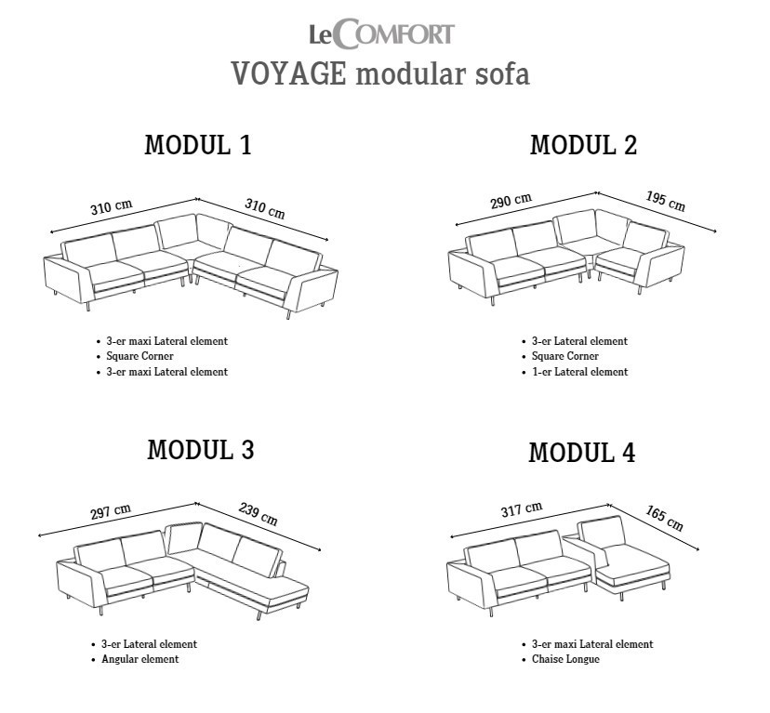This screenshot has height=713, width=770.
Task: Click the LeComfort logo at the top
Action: pyautogui.click(x=381, y=33)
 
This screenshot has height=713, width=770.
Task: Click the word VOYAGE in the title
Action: pyautogui.click(x=288, y=73)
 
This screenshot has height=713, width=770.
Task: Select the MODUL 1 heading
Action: pyautogui.click(x=198, y=145)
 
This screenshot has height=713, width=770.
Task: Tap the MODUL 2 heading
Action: pyautogui.click(x=583, y=145)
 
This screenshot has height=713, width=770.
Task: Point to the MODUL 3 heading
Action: pyautogui.click(x=201, y=450)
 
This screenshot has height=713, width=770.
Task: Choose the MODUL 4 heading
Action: pyautogui.click(x=582, y=453)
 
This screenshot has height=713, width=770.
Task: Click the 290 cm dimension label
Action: pyautogui.click(x=511, y=201)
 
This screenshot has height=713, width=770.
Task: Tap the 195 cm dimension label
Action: pyautogui.click(x=666, y=201)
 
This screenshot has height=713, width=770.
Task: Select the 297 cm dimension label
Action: pyautogui.click(x=111, y=511)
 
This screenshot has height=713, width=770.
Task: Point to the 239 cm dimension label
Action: pyautogui.click(x=259, y=514)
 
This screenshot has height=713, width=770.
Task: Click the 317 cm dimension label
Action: pyautogui.click(x=522, y=509)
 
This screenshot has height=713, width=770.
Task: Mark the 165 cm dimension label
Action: pyautogui.click(x=664, y=519)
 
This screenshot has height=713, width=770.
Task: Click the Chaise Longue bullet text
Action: pyautogui.click(x=565, y=659)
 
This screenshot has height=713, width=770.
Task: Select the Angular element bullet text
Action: pyautogui.click(x=139, y=659)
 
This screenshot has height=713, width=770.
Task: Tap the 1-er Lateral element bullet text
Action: pyautogui.click(x=580, y=372)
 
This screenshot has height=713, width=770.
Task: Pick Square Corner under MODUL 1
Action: pyautogui.click(x=139, y=356)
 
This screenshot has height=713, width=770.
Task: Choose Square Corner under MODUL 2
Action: pyautogui.click(x=565, y=356)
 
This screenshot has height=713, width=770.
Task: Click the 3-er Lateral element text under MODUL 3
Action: pyautogui.click(x=150, y=644)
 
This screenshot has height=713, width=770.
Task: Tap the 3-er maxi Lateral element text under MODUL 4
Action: pyautogui.click(x=592, y=644)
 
